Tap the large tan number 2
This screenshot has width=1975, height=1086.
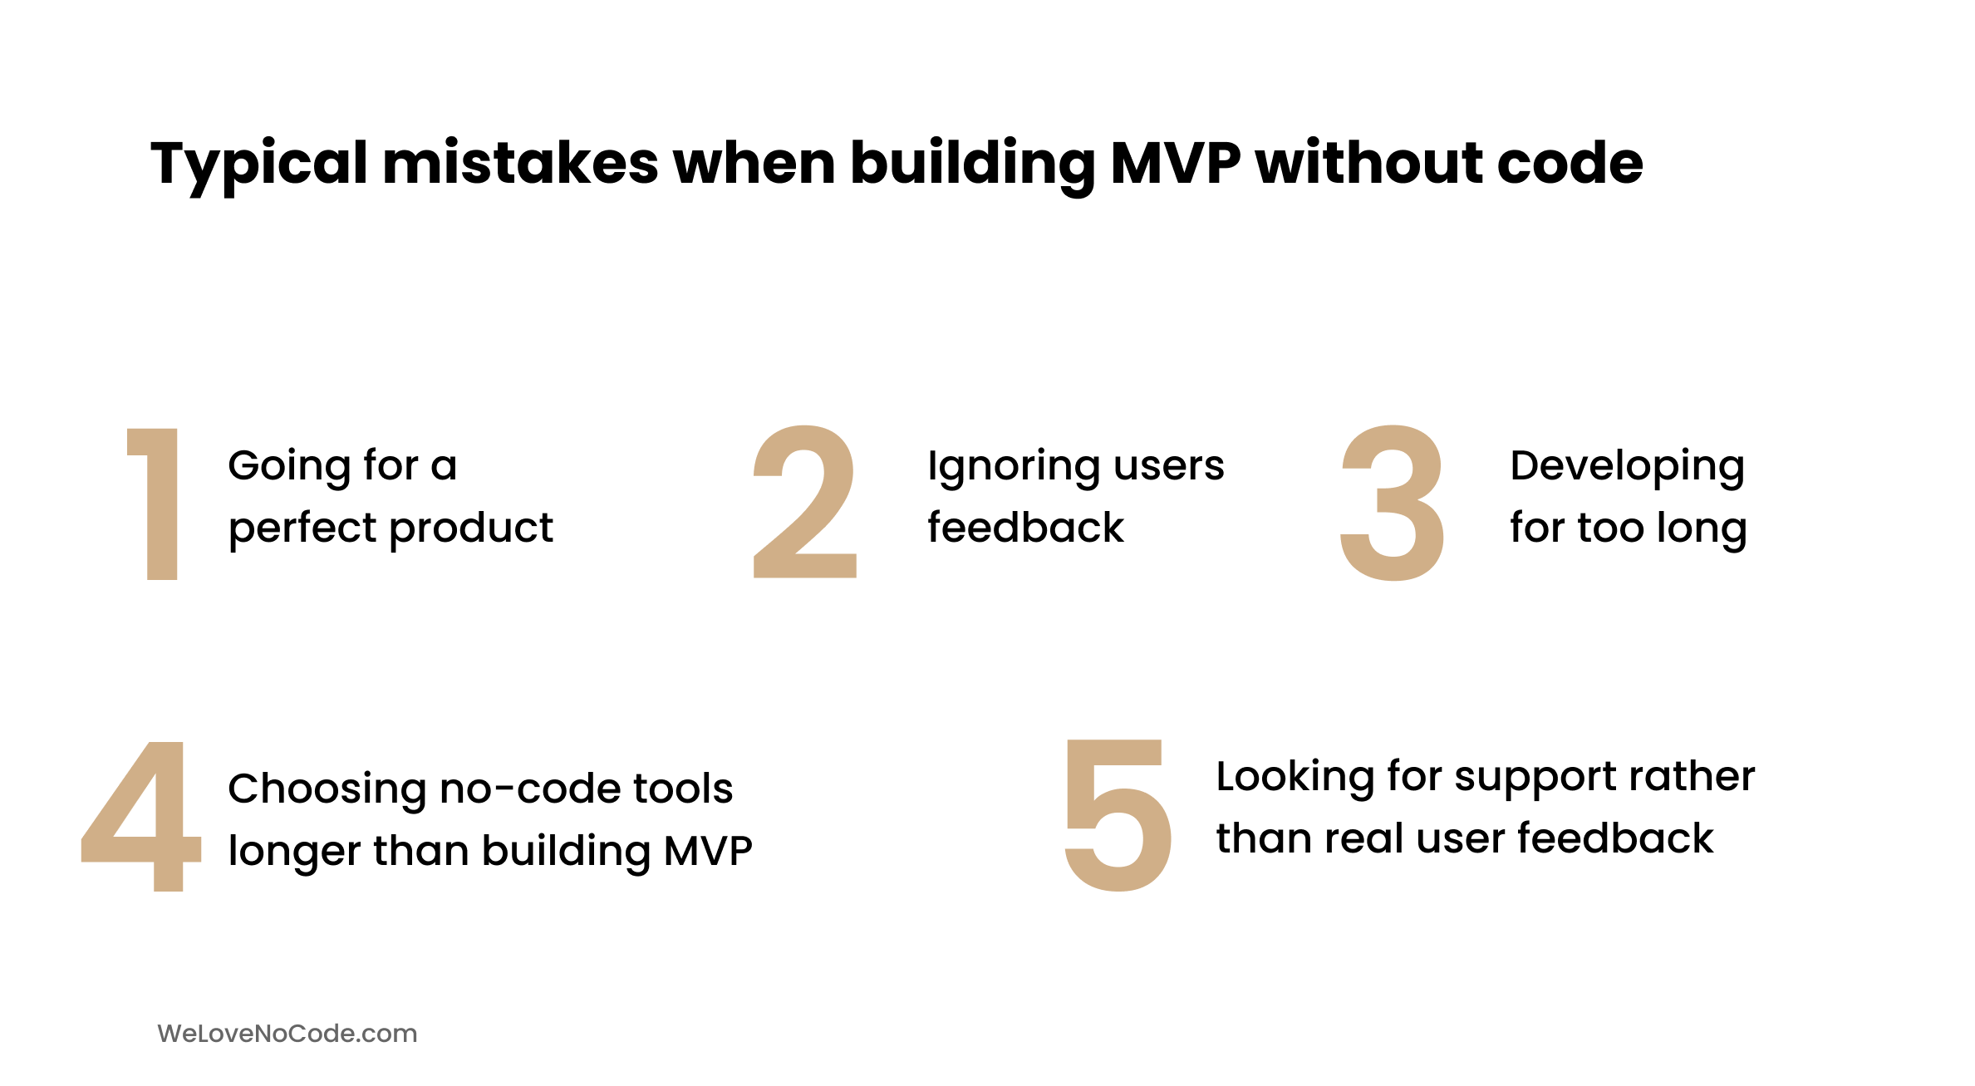pos(804,502)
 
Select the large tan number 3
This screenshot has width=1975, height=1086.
pos(1393,503)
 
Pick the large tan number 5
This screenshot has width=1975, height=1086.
pos(1118,815)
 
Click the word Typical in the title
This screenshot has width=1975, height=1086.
pos(258,165)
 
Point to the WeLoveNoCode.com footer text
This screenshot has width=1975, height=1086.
pos(287,1034)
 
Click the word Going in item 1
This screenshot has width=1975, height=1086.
pos(288,467)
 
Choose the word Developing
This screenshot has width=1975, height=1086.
pos(1627,467)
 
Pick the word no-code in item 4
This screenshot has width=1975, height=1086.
pos(530,789)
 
